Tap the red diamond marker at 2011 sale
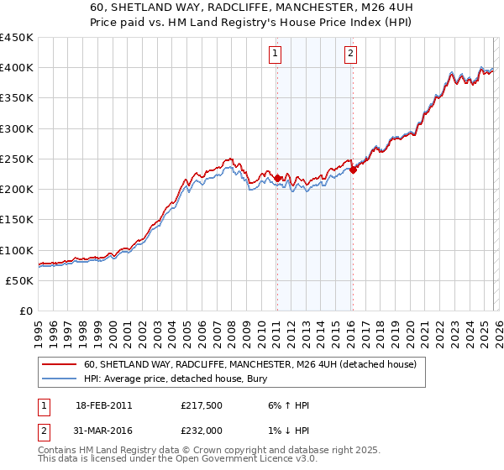click(x=276, y=178)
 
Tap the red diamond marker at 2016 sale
click(x=353, y=170)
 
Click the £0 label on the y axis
click(x=26, y=311)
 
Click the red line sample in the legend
click(x=60, y=365)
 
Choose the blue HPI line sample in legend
click(x=60, y=379)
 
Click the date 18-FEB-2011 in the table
click(x=103, y=405)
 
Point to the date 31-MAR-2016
click(x=104, y=430)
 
